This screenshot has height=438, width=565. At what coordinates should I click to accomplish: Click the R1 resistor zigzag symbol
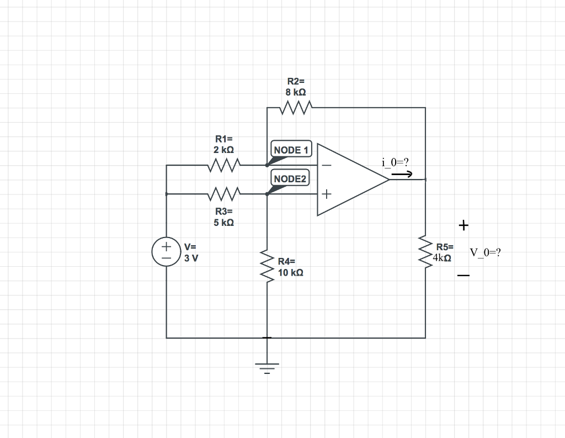coord(224,165)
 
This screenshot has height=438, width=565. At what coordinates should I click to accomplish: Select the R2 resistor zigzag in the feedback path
coord(296,107)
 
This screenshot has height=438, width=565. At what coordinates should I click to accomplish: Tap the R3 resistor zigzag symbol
coord(224,194)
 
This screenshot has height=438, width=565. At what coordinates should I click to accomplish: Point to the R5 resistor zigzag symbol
coord(425,251)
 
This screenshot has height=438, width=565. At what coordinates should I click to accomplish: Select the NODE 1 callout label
coord(291,150)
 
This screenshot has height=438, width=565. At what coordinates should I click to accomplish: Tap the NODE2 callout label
coord(290,178)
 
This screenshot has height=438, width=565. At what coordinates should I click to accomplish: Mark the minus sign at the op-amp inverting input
coord(327,165)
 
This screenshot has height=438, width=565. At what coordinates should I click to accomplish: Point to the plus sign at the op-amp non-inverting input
coord(327,194)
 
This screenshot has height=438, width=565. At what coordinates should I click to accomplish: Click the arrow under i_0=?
coord(401,175)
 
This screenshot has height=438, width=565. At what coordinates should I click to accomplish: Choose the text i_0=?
coord(395,162)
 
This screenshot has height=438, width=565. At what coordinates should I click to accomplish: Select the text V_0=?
coord(485,252)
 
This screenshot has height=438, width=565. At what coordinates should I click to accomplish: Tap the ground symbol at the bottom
coord(267,366)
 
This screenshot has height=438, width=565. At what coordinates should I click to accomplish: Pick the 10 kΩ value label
coord(290,272)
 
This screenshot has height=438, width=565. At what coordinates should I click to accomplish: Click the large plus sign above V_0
coord(463,225)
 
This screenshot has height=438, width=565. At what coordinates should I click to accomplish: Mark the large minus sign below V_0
coord(463,276)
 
